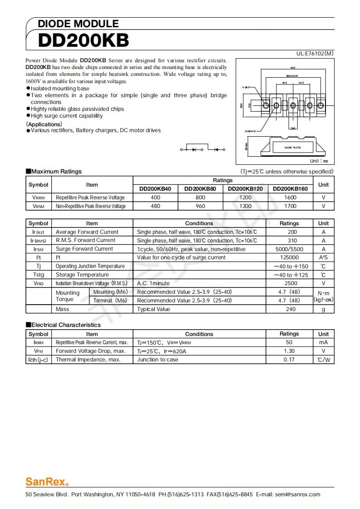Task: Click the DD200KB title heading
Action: (x=84, y=40)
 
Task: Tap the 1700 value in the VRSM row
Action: (x=290, y=206)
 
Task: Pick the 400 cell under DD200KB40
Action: (x=155, y=198)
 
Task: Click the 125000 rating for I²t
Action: (x=289, y=257)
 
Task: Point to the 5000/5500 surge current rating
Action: (x=289, y=249)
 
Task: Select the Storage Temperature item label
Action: (x=82, y=275)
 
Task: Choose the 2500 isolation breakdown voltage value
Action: (x=289, y=283)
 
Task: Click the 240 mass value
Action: (x=291, y=309)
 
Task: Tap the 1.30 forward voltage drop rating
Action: (x=289, y=351)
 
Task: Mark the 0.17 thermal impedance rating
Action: (x=289, y=360)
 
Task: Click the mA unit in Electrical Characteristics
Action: (x=323, y=342)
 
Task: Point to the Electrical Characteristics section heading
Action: (x=63, y=325)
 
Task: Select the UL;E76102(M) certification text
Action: (x=315, y=54)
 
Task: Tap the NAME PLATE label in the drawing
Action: (x=292, y=148)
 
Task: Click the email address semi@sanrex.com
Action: (x=297, y=494)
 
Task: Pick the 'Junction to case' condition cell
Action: (x=158, y=360)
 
